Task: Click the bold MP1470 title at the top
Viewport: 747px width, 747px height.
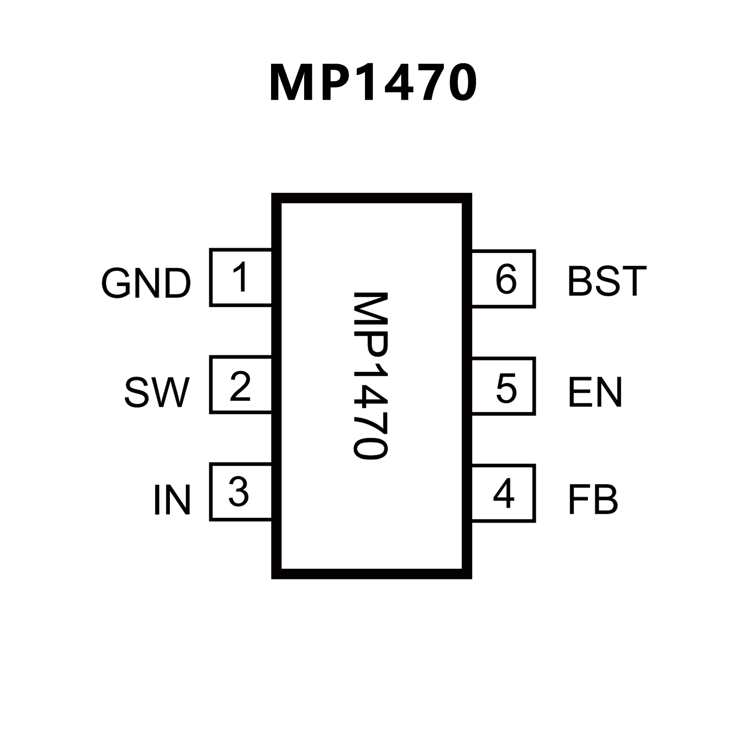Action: click(373, 83)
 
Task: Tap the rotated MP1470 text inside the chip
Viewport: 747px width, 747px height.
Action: click(370, 375)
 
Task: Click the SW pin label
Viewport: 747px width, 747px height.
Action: click(157, 392)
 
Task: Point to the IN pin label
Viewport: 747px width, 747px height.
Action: click(171, 499)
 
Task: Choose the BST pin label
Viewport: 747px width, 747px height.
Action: click(607, 281)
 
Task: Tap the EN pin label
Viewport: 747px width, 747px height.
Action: click(595, 392)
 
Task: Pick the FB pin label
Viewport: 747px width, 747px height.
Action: click(593, 499)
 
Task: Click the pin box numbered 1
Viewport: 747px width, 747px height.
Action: click(240, 277)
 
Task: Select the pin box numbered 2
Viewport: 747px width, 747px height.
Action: click(240, 385)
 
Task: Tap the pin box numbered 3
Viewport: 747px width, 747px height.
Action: click(240, 492)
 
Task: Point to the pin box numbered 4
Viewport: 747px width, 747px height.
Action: click(504, 493)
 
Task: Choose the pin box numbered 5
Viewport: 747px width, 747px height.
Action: click(504, 386)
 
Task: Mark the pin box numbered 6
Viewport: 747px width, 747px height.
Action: click(504, 279)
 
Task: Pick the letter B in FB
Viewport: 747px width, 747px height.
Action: click(605, 499)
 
